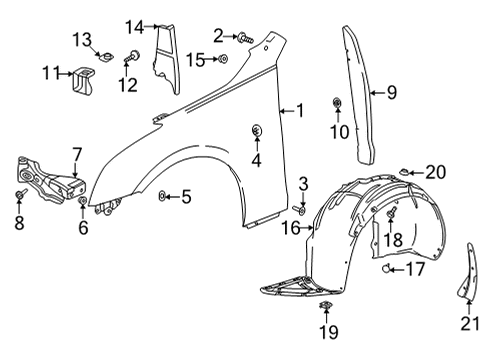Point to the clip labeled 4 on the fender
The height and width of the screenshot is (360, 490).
256,131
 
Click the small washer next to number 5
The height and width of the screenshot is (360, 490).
162,197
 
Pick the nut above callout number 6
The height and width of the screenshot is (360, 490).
83,203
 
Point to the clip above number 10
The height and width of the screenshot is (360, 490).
337,103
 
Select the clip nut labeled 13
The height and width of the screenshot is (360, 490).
105,59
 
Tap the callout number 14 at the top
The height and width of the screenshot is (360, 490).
134,25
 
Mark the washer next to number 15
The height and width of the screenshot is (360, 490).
223,61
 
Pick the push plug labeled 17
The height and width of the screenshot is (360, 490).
387,270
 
